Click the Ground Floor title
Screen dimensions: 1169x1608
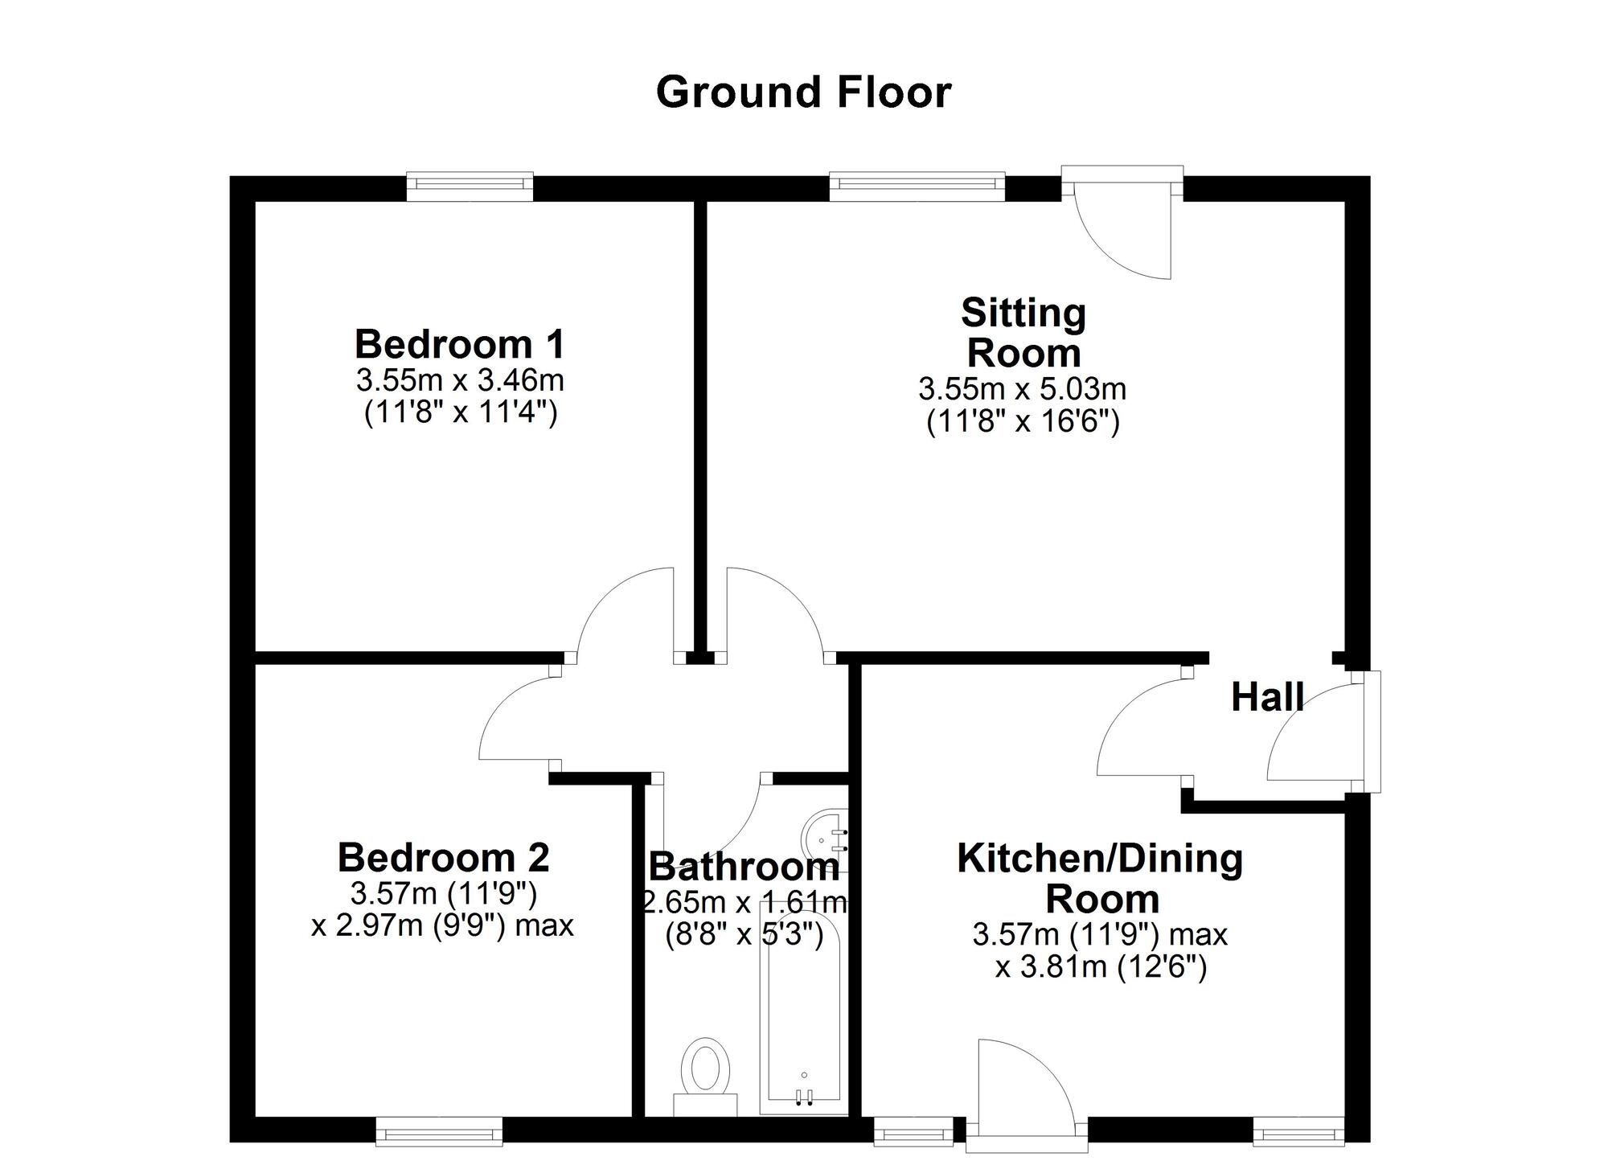coord(803,92)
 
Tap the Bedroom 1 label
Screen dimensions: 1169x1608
coord(460,344)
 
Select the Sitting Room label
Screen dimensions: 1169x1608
coord(1023,333)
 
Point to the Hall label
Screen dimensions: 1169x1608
coord(1268,697)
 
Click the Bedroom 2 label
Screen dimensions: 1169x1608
coord(443,857)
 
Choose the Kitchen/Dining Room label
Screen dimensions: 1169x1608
coord(1100,878)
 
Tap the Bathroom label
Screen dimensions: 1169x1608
coord(744,867)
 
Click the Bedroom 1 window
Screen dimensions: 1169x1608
coord(470,186)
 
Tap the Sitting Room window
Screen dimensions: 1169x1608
coord(917,186)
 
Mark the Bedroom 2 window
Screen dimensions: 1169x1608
coord(439,1133)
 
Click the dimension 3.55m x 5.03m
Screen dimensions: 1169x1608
coord(1022,389)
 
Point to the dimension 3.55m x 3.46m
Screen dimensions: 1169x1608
coord(460,379)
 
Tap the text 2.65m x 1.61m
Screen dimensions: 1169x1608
coord(745,903)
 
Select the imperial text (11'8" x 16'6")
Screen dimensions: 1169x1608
coord(1023,421)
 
